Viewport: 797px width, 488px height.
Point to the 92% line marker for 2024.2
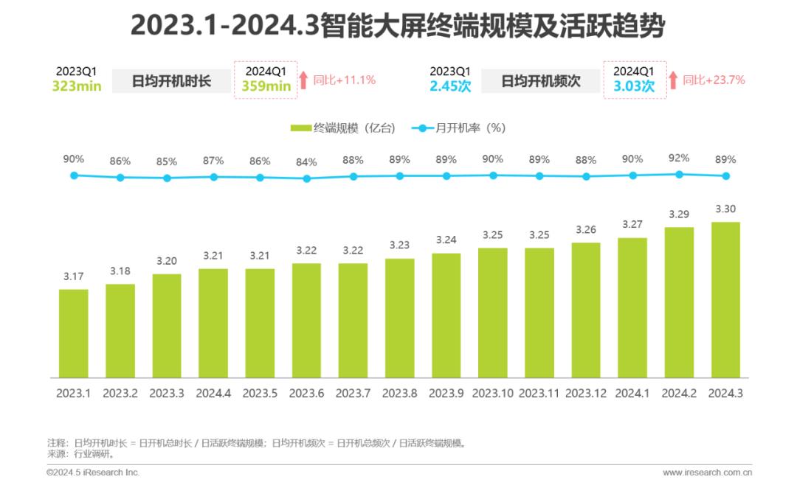point(679,174)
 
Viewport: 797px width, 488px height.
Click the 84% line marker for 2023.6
point(307,178)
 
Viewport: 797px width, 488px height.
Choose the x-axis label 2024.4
point(213,394)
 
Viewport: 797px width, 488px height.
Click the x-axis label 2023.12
point(586,394)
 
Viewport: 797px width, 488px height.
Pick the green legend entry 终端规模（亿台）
point(343,128)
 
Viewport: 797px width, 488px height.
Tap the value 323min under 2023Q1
point(77,86)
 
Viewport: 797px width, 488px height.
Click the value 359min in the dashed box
point(266,86)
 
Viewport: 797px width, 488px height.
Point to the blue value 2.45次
point(450,86)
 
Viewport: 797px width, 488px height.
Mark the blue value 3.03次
point(635,86)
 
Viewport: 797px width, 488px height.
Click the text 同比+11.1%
point(345,80)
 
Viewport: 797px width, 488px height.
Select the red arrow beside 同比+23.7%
point(672,80)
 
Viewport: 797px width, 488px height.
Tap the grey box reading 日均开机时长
point(171,81)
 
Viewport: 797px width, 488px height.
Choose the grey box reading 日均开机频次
point(541,81)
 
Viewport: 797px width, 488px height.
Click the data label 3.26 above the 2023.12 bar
point(586,229)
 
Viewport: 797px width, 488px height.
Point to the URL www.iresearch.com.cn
point(707,473)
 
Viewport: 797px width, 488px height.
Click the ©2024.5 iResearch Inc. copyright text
point(93,473)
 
